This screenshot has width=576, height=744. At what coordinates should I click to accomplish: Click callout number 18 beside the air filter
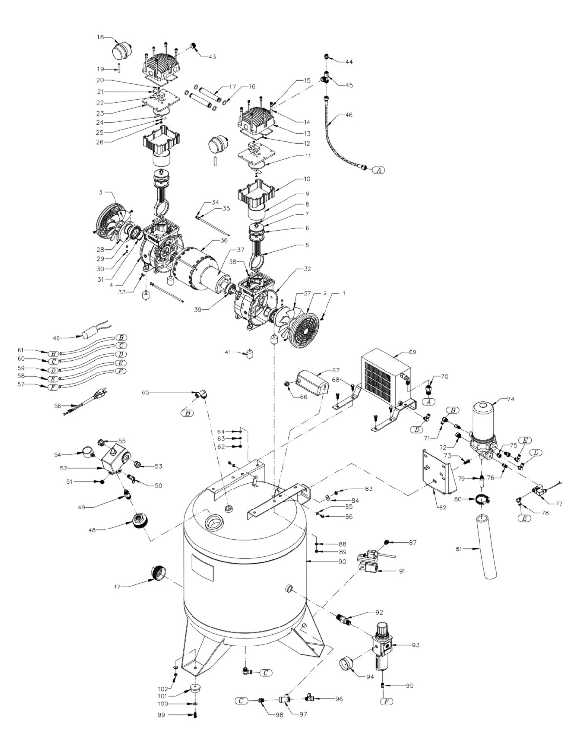click(100, 37)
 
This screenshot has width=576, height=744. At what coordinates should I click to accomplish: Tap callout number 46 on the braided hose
click(348, 115)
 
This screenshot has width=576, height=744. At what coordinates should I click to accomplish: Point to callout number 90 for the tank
click(342, 562)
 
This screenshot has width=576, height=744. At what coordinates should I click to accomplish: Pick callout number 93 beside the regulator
click(416, 645)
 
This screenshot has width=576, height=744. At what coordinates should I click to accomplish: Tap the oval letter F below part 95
click(387, 702)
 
